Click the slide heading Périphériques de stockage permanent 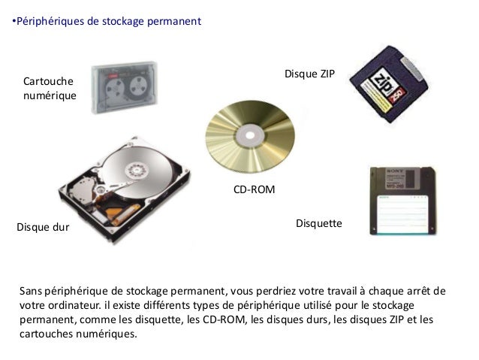point(109,21)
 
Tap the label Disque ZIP point(309,74)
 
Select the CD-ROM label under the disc point(255,189)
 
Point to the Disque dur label point(43,227)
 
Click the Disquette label point(319,223)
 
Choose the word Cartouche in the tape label point(48,81)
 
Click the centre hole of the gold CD point(250,135)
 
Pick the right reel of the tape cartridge point(139,86)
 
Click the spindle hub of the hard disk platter point(137,171)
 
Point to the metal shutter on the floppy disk point(399,179)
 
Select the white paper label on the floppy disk point(402,213)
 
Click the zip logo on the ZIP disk point(381,83)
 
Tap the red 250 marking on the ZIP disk point(397,95)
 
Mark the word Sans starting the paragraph point(31,291)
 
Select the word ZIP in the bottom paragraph point(397,319)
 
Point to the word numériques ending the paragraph point(107,334)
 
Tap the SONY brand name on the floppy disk point(395,171)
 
